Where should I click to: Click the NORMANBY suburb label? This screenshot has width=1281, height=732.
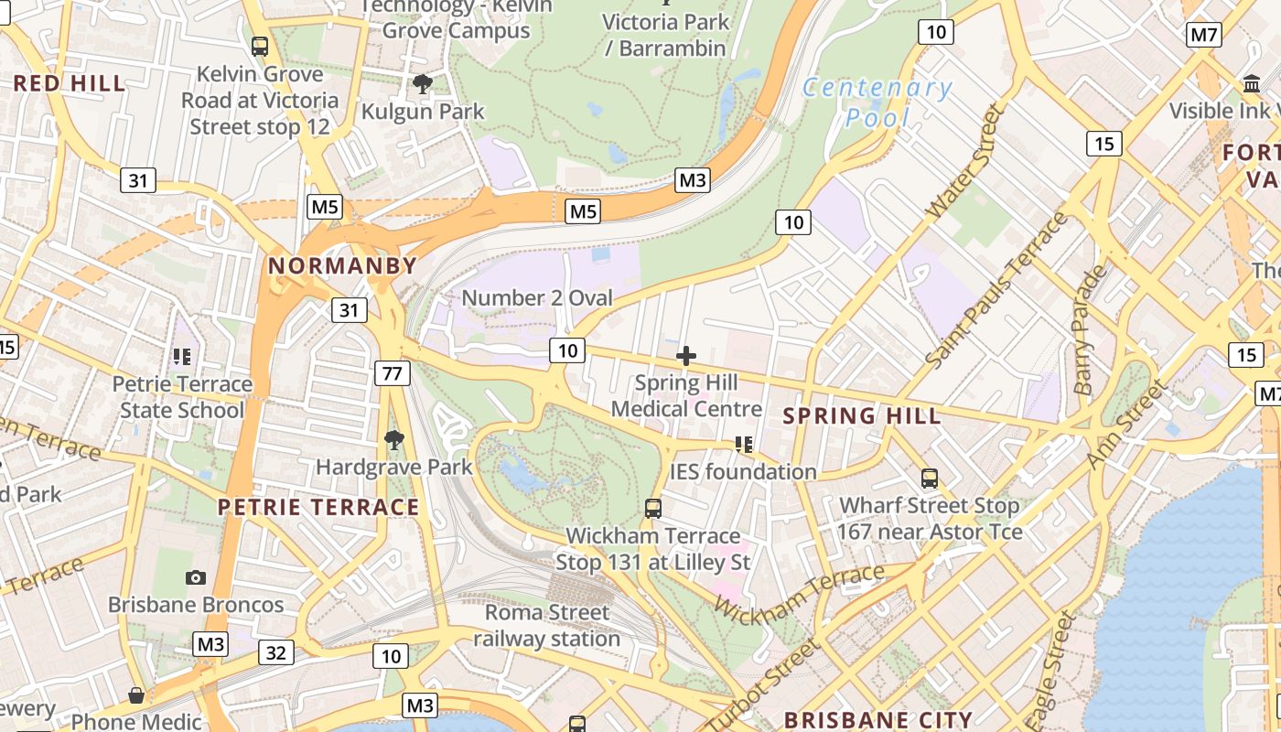341,266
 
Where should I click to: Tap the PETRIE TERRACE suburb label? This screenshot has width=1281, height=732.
318,507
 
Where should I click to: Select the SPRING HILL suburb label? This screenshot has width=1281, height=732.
862,416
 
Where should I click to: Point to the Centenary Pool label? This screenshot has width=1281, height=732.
877,102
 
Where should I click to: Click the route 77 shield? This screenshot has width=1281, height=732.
393,372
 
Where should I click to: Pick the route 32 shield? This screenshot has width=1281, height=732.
276,652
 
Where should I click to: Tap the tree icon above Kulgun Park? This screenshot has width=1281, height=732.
422,85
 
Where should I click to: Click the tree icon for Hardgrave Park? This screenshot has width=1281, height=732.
394,441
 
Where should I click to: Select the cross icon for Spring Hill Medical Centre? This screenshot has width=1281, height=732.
686,356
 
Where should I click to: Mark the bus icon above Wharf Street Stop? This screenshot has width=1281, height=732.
930,479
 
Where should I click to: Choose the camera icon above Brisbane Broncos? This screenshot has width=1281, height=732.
196,577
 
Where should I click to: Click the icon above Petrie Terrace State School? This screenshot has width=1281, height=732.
181,356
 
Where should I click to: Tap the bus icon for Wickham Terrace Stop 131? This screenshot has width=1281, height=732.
653,508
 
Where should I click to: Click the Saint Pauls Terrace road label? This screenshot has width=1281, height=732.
998,291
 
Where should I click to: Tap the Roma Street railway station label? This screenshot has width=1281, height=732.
547,625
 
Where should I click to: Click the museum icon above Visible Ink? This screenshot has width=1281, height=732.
1251,84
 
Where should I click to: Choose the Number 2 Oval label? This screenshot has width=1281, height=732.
537,298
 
